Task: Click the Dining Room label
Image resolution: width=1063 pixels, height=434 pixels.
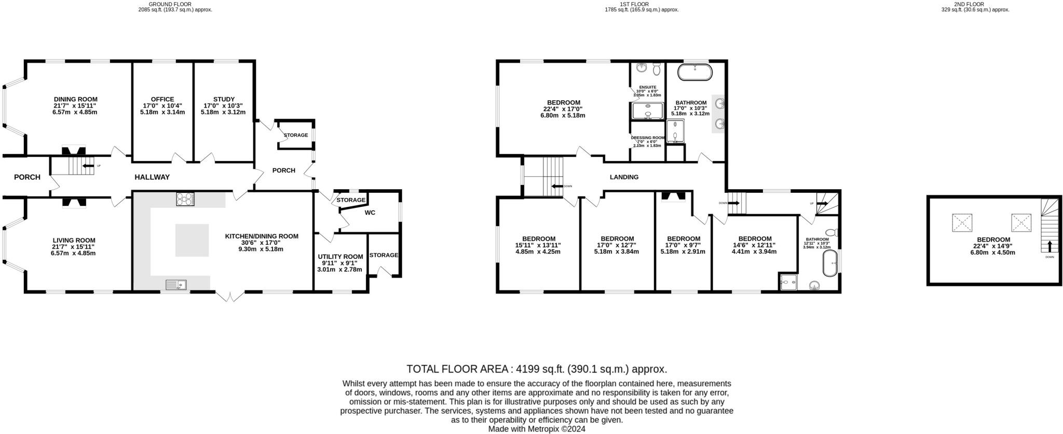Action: [x=76, y=99]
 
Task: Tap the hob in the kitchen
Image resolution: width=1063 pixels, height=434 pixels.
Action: [x=185, y=199]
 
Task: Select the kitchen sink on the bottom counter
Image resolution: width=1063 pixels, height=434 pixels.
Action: [x=176, y=284]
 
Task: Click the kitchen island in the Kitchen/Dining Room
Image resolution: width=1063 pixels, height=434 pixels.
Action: [x=192, y=240]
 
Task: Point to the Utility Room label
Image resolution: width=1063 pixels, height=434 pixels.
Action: [x=340, y=257]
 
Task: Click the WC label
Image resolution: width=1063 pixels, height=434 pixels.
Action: [x=370, y=213]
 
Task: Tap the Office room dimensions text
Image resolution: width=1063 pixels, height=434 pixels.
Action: [x=162, y=109]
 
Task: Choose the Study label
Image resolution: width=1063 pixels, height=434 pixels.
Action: [x=224, y=99]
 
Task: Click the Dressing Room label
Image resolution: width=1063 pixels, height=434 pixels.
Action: [x=647, y=138]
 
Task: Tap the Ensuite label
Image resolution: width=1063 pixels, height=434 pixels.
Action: [x=647, y=87]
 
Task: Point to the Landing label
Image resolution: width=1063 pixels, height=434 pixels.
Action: [x=624, y=177]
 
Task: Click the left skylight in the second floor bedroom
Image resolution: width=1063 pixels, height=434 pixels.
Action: [x=962, y=223]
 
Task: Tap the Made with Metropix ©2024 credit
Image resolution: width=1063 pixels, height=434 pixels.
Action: [x=537, y=429]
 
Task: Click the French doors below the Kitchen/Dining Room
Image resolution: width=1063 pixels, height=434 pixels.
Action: [x=230, y=296]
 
